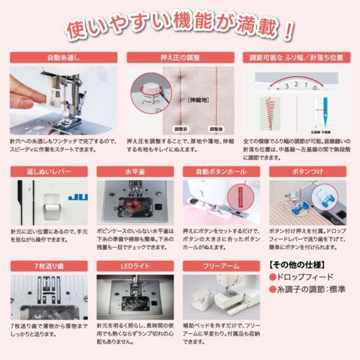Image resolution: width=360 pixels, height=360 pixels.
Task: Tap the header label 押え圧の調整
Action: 174,57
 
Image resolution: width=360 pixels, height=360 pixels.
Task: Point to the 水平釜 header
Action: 135,173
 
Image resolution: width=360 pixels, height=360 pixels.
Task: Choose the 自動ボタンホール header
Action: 222,173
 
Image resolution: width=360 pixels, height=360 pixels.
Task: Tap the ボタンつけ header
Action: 310,173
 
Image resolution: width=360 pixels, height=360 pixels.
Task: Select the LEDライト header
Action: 135,267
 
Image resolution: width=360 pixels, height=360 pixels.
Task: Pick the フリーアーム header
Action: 222,267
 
